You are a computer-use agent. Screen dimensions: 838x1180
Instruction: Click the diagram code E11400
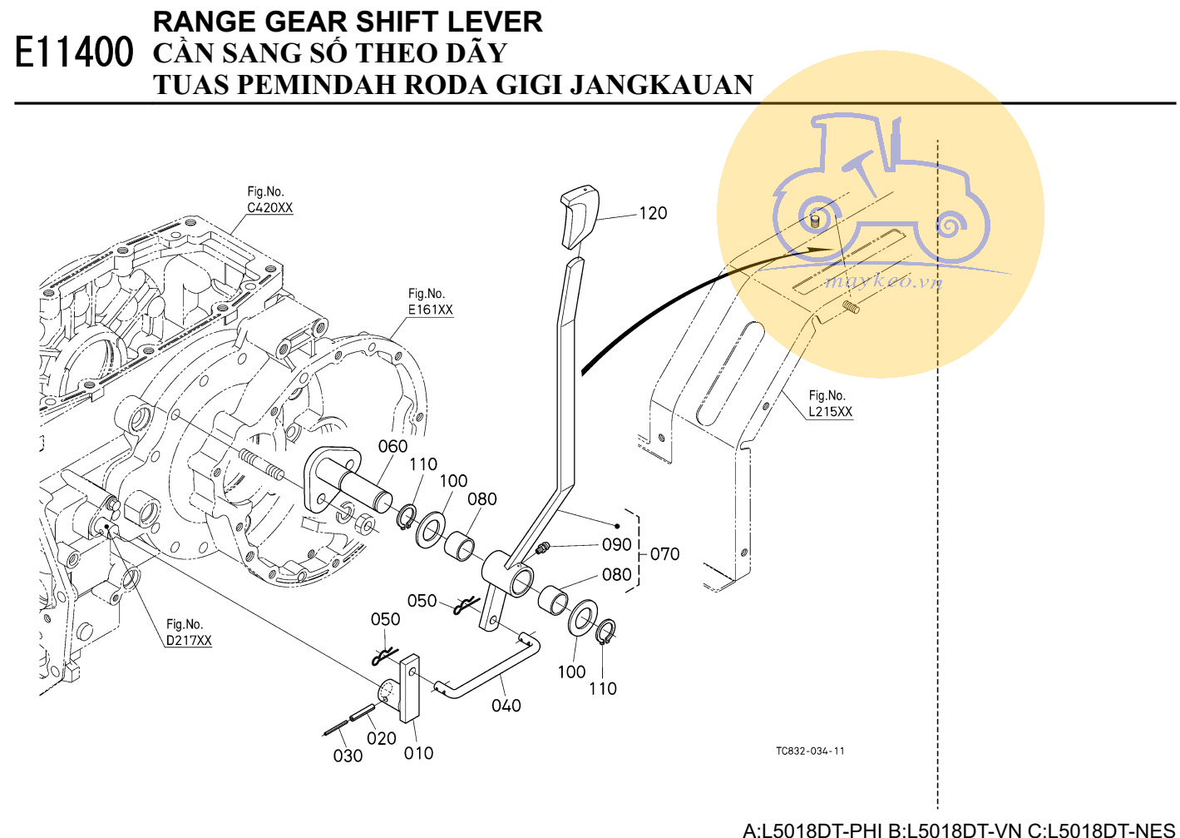(74, 52)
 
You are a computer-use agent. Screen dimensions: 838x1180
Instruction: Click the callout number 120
(653, 213)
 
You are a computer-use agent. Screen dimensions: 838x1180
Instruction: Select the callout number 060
(393, 447)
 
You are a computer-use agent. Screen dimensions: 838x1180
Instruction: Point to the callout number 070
(664, 554)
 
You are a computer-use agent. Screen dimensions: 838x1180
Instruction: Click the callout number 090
(616, 544)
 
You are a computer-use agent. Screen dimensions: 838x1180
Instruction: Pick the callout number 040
(506, 706)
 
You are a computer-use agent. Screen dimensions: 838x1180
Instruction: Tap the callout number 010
(418, 753)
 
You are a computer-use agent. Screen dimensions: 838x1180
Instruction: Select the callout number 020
(381, 738)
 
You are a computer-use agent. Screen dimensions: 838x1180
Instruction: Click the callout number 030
(348, 756)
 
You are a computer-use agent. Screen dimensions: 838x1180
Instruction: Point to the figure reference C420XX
(269, 208)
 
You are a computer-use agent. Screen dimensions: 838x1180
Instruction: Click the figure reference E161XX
(430, 310)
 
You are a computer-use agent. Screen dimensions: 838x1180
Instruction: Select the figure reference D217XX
(189, 640)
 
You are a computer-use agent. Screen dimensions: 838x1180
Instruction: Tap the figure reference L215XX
(830, 411)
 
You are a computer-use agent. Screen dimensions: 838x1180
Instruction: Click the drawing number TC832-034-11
(810, 751)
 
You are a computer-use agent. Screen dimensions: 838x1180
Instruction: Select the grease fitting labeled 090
(544, 548)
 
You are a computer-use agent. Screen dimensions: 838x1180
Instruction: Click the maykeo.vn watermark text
(883, 281)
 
